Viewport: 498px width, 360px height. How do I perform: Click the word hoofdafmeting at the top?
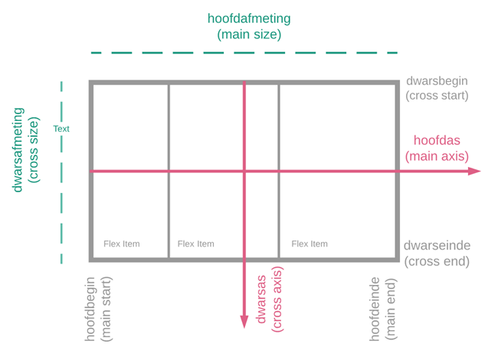(249, 18)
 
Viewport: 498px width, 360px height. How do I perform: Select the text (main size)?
(249, 34)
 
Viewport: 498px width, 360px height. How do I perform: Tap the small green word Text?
(61, 129)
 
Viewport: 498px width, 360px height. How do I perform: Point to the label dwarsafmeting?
(18, 150)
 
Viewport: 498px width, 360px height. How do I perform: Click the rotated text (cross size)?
(34, 150)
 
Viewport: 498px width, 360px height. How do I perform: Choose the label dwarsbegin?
(437, 81)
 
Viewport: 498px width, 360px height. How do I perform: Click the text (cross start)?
(437, 96)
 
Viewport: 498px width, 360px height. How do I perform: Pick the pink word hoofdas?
(437, 140)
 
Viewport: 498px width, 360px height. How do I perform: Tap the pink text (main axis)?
(437, 156)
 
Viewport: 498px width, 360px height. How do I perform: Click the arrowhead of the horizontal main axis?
(475, 171)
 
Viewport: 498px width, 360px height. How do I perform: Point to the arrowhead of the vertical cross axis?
(244, 322)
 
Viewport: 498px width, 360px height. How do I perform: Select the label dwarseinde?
(437, 245)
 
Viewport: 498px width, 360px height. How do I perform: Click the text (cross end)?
(437, 261)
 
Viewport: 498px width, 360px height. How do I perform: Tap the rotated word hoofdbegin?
(90, 309)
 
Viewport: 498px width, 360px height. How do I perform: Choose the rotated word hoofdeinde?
(375, 309)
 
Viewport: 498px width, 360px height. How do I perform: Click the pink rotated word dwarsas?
(261, 299)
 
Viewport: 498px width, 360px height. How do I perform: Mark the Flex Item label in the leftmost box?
(122, 244)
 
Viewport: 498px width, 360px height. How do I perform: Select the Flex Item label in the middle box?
(196, 244)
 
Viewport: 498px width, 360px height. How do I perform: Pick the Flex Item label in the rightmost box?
(310, 244)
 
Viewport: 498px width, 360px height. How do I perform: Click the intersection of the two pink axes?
(244, 171)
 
